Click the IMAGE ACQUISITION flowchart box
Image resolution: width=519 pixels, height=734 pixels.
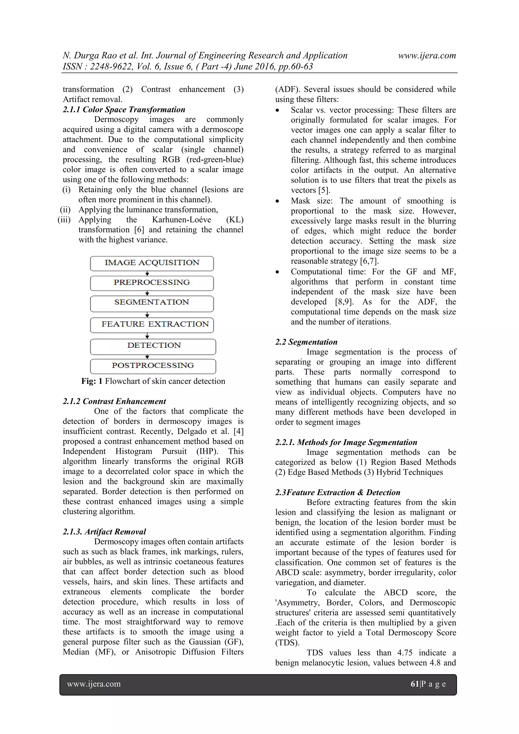[x=152, y=263]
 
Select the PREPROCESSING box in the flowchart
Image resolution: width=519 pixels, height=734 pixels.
[x=152, y=283]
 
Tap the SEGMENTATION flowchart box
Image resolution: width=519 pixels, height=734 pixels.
[x=152, y=303]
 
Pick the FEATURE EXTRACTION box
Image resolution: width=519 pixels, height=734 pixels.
[x=152, y=325]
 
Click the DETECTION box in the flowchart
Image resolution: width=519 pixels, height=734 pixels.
[x=153, y=346]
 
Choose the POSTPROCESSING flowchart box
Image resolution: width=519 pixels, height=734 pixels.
[x=153, y=366]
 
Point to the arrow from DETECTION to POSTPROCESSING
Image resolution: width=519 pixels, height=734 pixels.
[x=147, y=357]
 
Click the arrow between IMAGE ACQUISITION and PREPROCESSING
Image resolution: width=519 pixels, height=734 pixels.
[x=147, y=273]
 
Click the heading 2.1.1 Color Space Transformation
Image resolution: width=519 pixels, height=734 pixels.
[x=124, y=110]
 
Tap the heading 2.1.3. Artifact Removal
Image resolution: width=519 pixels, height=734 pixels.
[x=104, y=532]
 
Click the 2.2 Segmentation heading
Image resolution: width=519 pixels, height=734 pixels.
[x=306, y=342]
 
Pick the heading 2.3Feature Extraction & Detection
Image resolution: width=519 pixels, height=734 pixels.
[x=338, y=492]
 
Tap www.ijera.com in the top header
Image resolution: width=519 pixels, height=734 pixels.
[x=427, y=56]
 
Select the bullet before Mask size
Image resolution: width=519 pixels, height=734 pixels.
[x=277, y=201]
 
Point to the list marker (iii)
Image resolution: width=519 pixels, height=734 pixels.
[x=64, y=220]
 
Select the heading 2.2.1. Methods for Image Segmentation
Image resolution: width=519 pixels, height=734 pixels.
[x=346, y=442]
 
